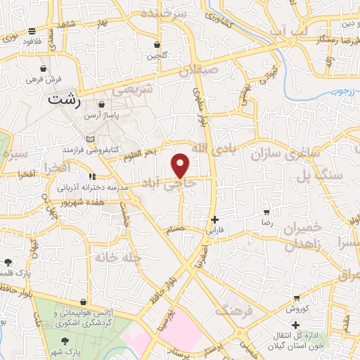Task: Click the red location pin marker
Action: click(181, 165)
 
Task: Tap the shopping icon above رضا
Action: click(266, 211)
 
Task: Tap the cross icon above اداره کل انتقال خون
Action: click(296, 325)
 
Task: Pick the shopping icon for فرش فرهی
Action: click(45, 69)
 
